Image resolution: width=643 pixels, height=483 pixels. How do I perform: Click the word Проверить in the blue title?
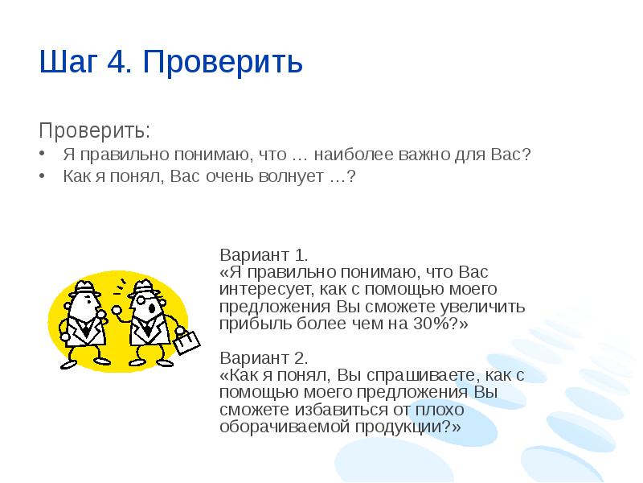[223, 63]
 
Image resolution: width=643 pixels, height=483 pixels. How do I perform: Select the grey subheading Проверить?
[95, 129]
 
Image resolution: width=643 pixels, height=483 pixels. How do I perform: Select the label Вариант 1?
[263, 257]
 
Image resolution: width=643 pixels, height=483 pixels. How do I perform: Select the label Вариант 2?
[264, 358]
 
